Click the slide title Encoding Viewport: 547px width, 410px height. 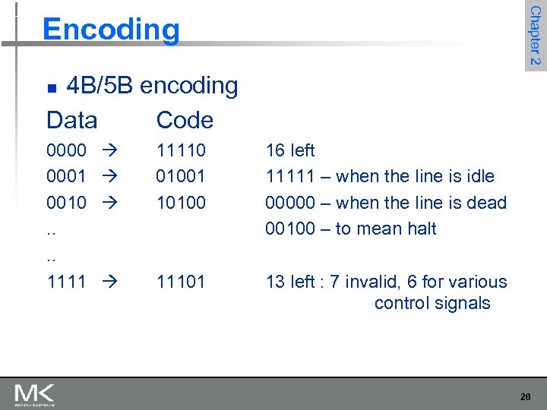tap(111, 30)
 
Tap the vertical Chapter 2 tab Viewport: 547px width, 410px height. tap(535, 35)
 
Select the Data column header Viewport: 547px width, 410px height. tap(72, 120)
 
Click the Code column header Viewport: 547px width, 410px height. tap(185, 120)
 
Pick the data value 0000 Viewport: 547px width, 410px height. tap(66, 150)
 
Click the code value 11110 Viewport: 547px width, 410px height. tap(181, 150)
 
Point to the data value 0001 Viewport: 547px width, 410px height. tap(66, 176)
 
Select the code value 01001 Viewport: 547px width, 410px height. tap(181, 176)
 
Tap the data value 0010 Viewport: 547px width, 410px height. tap(66, 203)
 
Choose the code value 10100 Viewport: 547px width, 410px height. tap(181, 203)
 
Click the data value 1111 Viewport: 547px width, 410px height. tap(66, 282)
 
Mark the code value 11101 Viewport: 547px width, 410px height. tap(181, 282)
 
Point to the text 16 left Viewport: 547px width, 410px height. tap(290, 150)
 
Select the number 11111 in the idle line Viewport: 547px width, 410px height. tap(291, 176)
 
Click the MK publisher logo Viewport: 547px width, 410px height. tap(34, 395)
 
